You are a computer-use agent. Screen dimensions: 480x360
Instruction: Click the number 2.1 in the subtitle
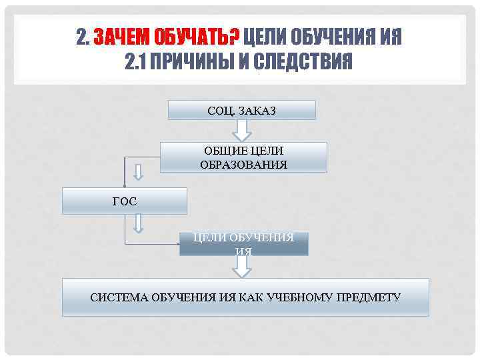136,63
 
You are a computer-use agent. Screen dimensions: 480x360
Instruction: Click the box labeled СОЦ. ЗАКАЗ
241,110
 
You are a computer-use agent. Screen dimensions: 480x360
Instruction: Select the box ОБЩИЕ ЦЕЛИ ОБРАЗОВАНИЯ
243,157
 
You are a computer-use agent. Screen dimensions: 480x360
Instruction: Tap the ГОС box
125,201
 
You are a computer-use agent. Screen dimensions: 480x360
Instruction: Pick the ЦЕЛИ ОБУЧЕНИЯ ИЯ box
243,244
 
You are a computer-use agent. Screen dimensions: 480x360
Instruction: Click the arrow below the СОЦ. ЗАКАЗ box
241,131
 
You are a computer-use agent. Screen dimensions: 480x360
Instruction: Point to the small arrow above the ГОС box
139,172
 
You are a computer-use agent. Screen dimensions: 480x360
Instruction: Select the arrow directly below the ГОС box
139,223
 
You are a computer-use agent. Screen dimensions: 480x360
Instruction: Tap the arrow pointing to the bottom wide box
243,267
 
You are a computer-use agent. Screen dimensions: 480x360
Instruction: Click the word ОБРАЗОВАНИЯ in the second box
243,165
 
